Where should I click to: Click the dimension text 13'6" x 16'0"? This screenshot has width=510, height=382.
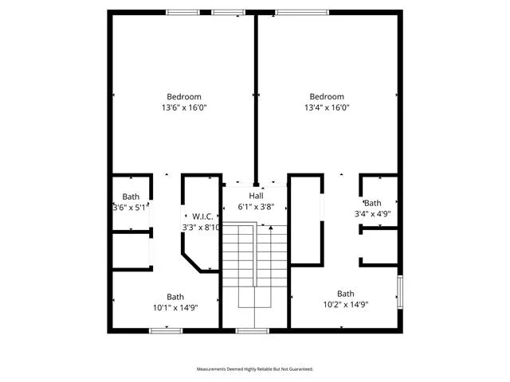(184, 107)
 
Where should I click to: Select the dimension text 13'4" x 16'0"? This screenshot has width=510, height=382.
(327, 107)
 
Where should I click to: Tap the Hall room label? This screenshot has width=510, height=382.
(257, 196)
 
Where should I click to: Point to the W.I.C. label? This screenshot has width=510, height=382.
(202, 216)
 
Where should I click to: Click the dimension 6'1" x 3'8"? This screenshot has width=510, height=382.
(257, 207)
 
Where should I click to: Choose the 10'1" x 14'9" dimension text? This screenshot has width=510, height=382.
(175, 307)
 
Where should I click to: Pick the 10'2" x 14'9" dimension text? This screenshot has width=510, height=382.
(346, 304)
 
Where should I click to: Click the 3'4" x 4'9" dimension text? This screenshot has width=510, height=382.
(372, 214)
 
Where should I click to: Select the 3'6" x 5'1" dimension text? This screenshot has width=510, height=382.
(131, 207)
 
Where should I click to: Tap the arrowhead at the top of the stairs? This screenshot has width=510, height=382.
(271, 228)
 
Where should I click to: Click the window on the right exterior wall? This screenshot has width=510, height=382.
(400, 292)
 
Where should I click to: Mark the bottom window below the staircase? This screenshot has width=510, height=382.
(253, 331)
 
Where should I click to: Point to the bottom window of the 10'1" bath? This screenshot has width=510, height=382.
(166, 331)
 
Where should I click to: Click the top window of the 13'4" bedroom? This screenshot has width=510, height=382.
(302, 13)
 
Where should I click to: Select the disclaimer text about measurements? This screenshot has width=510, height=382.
(255, 369)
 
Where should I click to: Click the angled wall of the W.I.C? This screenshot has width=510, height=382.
(191, 263)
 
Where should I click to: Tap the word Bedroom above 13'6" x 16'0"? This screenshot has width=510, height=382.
(184, 96)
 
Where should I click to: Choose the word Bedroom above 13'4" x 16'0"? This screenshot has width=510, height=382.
(327, 96)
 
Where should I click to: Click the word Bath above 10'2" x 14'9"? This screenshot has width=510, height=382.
(346, 294)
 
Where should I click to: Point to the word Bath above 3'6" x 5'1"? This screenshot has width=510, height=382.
(131, 197)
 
